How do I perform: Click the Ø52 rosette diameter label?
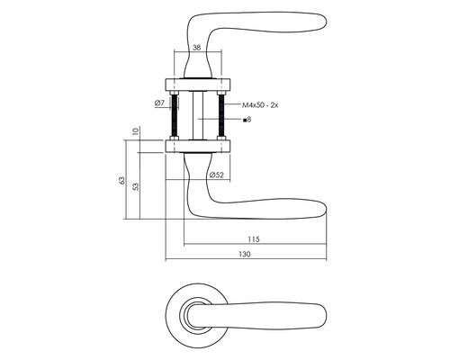tap(216, 175)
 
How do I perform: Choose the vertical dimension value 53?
tap(135, 187)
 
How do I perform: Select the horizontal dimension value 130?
tap(243, 255)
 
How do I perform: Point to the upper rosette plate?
tap(197, 85)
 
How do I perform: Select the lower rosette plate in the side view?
tap(197, 145)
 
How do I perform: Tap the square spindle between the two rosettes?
tap(197, 115)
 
